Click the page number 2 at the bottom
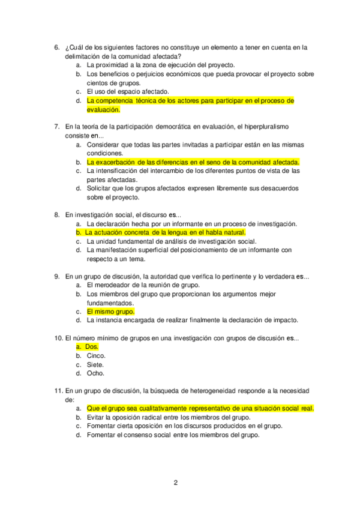[x=176, y=483]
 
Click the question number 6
[x=56, y=47]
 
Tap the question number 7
[x=56, y=127]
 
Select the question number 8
[x=56, y=214]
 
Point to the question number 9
[x=56, y=276]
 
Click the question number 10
[x=58, y=338]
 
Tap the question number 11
[x=58, y=391]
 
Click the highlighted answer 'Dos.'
[x=92, y=347]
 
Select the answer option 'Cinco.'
[x=96, y=355]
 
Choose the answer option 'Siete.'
[x=95, y=364]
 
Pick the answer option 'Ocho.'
[x=95, y=373]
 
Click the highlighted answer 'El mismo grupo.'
[x=110, y=312]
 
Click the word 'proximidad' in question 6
[x=114, y=65]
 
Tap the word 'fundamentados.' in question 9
[x=110, y=303]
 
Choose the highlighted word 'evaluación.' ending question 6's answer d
[x=103, y=109]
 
